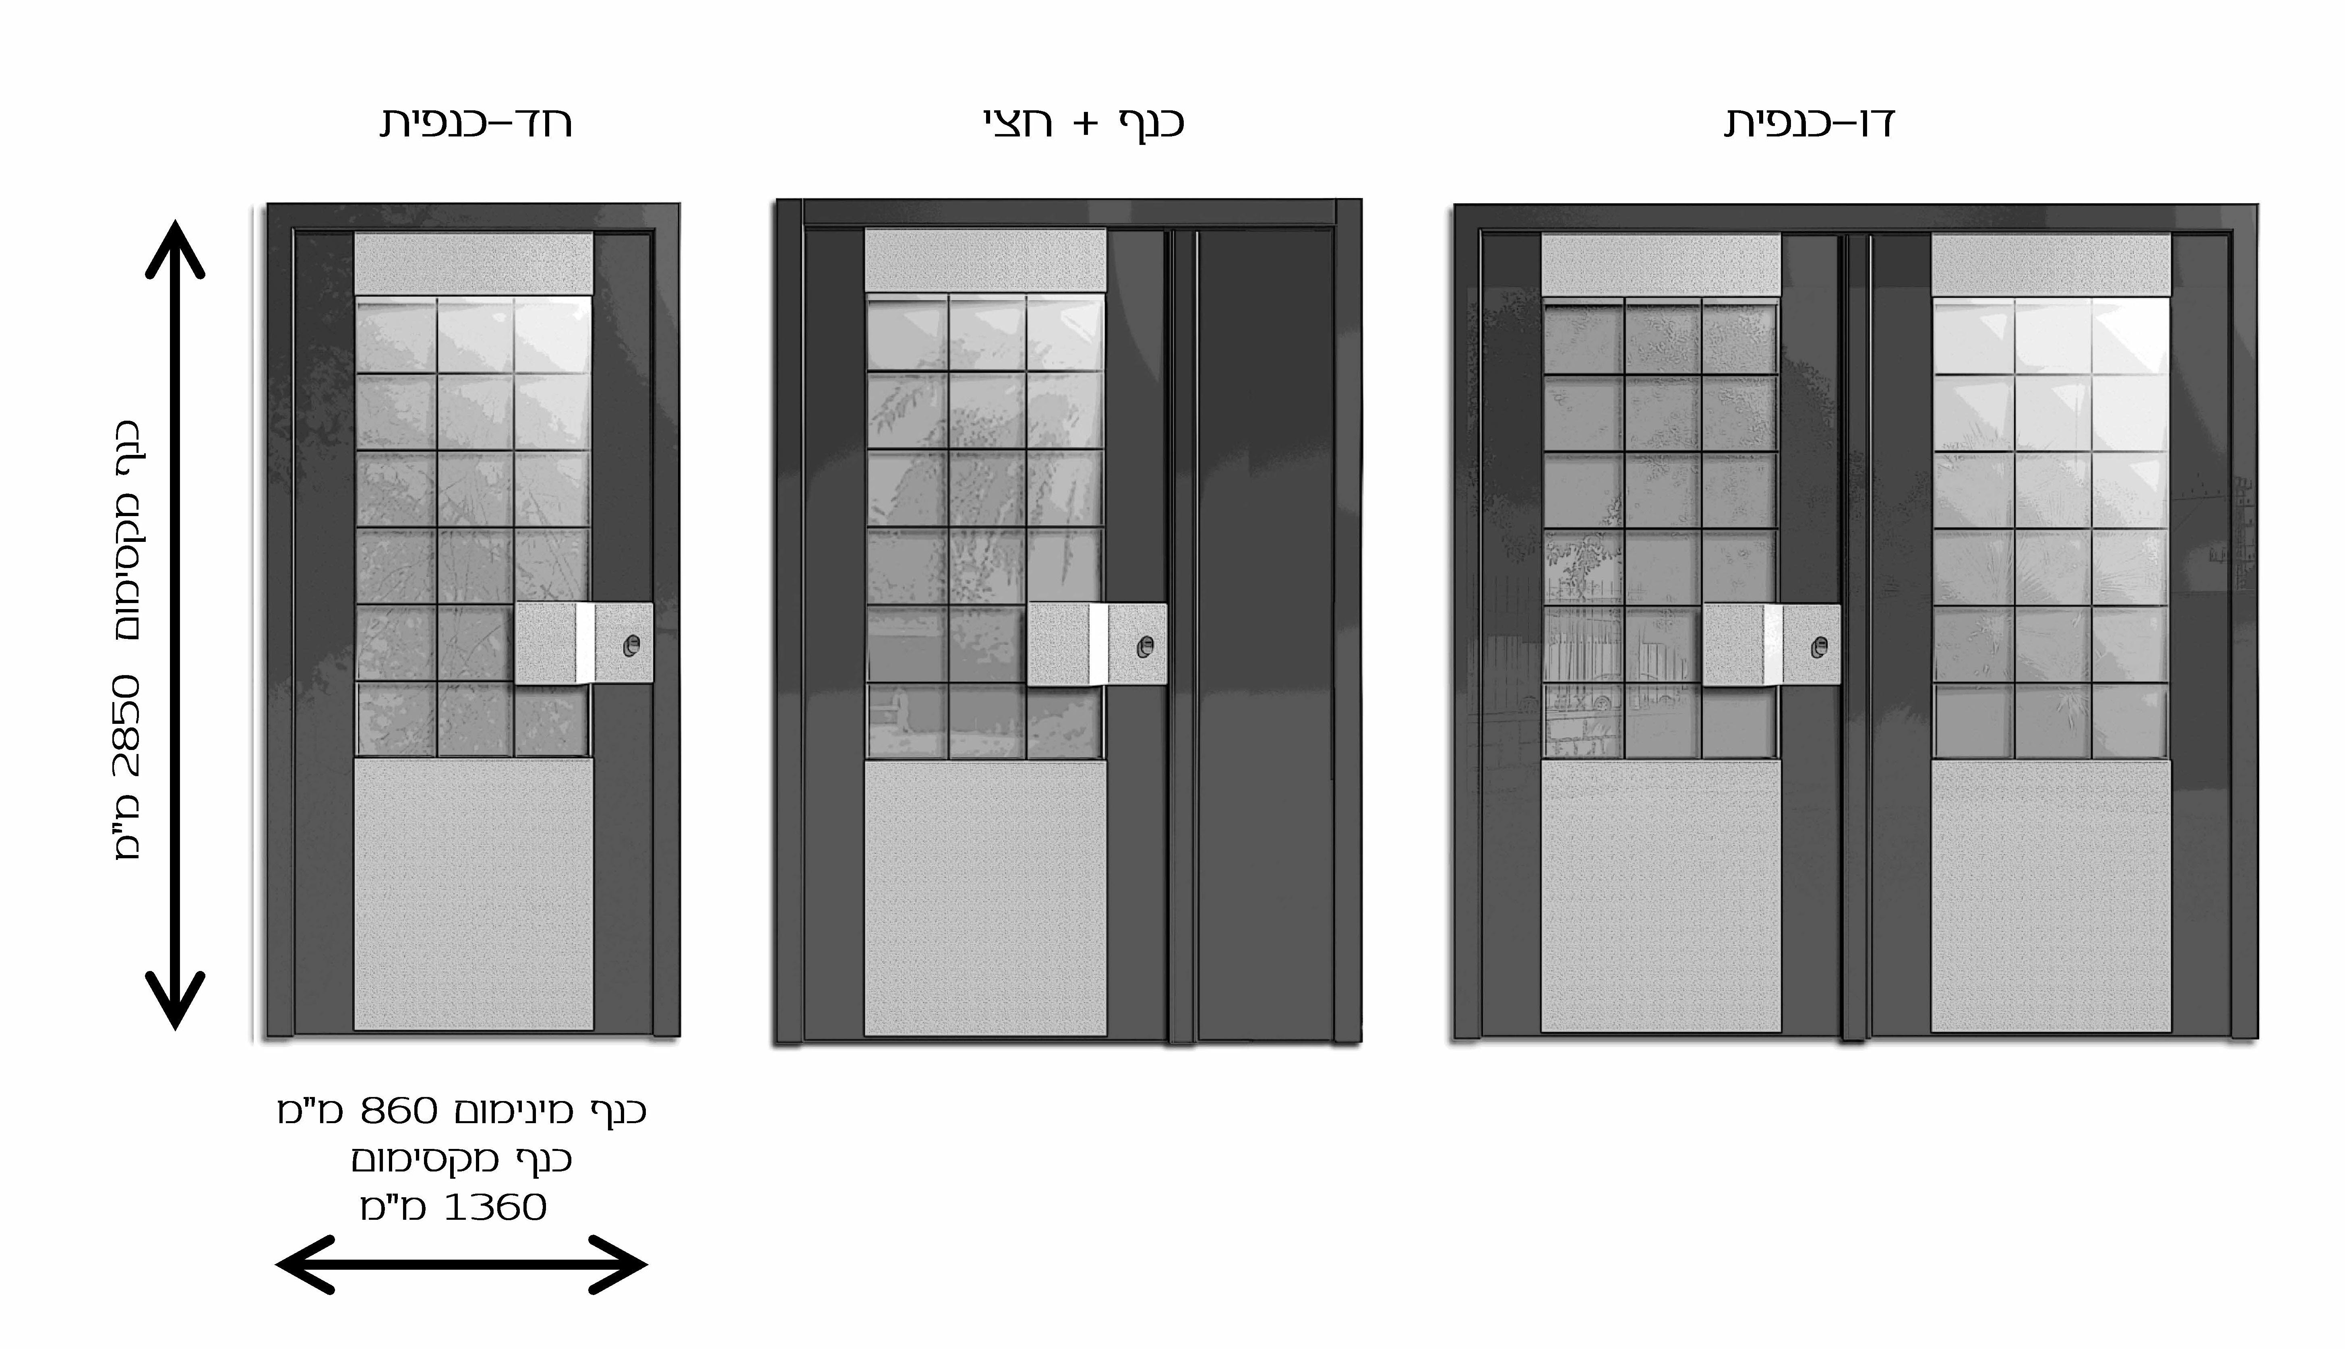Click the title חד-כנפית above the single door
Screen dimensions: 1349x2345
[475, 123]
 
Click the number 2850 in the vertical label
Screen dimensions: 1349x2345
[127, 725]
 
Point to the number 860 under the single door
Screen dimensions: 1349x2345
[398, 1110]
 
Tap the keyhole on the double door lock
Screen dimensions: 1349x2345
[1819, 647]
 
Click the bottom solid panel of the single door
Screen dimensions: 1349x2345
[474, 894]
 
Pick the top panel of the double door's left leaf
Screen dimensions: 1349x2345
[1661, 265]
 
